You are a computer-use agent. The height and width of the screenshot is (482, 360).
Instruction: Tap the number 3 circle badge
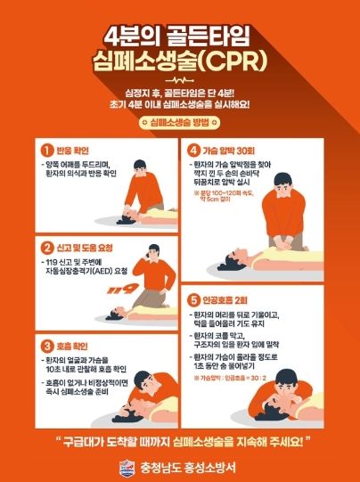tap(47, 346)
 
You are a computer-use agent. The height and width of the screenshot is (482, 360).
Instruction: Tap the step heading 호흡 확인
tap(73, 346)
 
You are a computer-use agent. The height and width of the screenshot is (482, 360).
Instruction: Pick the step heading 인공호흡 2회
tap(229, 299)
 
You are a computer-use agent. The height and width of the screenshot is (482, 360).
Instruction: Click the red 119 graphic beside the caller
tap(117, 288)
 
